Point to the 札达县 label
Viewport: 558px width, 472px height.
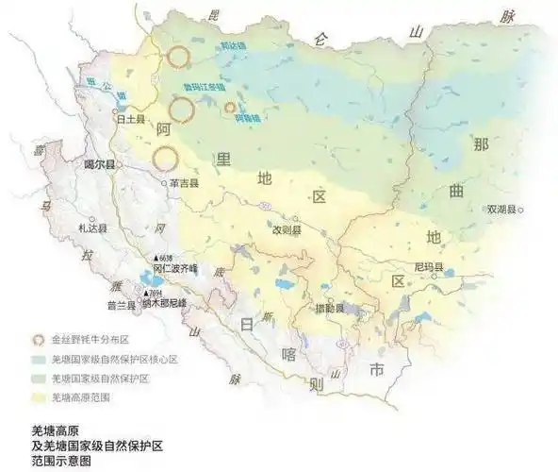pyautogui.click(x=93, y=228)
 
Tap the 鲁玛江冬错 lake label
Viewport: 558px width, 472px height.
pyautogui.click(x=203, y=87)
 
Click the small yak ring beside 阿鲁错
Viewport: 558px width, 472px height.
pyautogui.click(x=229, y=108)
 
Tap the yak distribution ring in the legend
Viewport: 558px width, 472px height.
pyautogui.click(x=38, y=338)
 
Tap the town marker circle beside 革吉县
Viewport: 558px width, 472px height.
pyautogui.click(x=163, y=183)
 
